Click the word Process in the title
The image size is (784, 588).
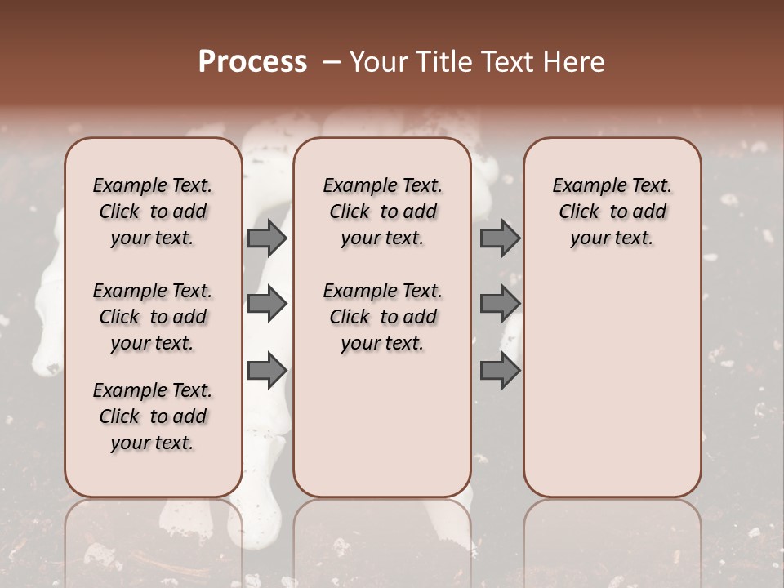pyautogui.click(x=252, y=62)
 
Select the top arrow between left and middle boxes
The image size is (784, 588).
pyautogui.click(x=267, y=238)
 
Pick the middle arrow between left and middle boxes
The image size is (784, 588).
pyautogui.click(x=267, y=304)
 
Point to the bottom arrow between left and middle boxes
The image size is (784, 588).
pyautogui.click(x=267, y=370)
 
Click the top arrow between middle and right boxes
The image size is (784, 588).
pyautogui.click(x=500, y=238)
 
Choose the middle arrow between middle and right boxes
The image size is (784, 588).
pyautogui.click(x=500, y=304)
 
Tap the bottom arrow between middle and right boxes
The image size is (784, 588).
pyautogui.click(x=500, y=370)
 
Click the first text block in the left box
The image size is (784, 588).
pyautogui.click(x=153, y=212)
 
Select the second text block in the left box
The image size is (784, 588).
pyautogui.click(x=153, y=317)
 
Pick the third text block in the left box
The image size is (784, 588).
pyautogui.click(x=153, y=416)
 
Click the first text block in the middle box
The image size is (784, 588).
pyautogui.click(x=382, y=212)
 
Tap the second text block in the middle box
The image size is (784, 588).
pyautogui.click(x=382, y=317)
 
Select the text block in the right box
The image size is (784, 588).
pyautogui.click(x=612, y=212)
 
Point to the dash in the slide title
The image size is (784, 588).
pyautogui.click(x=331, y=62)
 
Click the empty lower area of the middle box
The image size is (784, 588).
pyautogui.click(x=382, y=425)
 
